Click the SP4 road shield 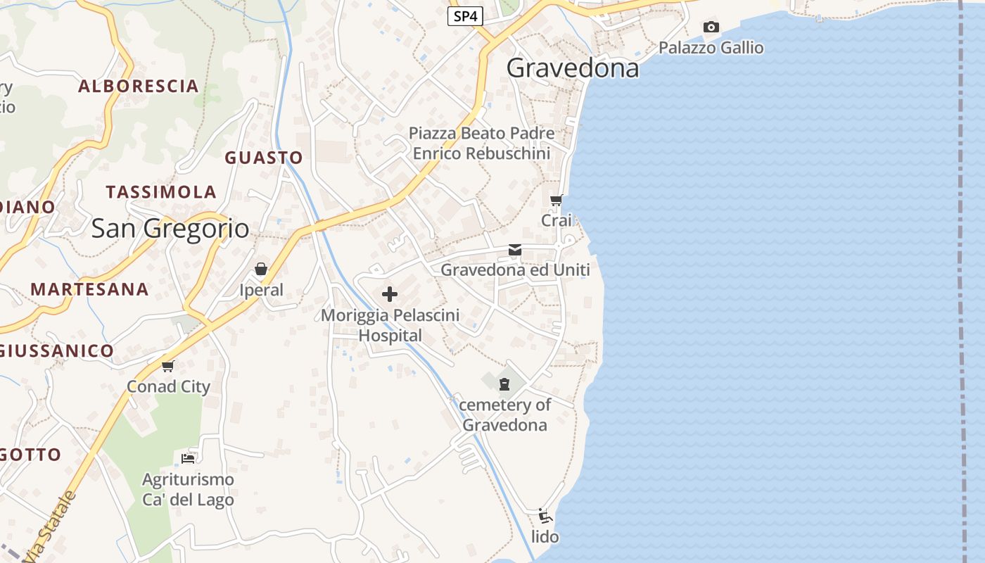tap(465, 16)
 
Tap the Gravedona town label tap(573, 68)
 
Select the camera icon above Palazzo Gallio tap(711, 27)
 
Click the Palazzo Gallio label tap(711, 48)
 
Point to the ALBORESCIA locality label tap(139, 87)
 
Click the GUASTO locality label tap(264, 158)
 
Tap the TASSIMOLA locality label tap(161, 192)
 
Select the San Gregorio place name tap(170, 228)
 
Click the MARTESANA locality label tap(89, 289)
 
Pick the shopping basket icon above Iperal tap(261, 269)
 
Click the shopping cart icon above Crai tap(557, 200)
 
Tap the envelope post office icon tap(515, 250)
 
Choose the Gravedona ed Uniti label tap(515, 270)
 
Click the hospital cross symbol tap(390, 294)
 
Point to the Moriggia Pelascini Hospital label tap(390, 325)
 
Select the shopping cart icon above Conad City tap(168, 366)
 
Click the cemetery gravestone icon tap(504, 384)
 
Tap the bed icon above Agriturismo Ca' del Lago tap(188, 458)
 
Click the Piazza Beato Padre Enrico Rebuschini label tap(481, 143)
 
